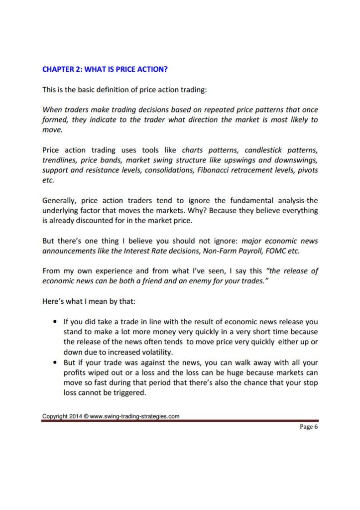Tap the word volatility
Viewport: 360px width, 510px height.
[151, 352]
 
